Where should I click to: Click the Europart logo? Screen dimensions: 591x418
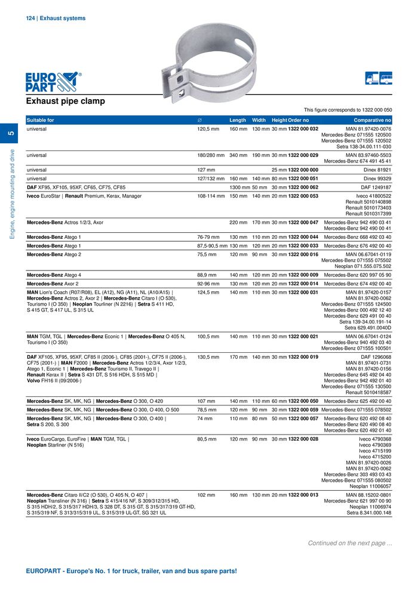click(52, 82)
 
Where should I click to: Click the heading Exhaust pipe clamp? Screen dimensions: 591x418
click(66, 101)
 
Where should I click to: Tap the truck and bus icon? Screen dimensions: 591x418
click(379, 79)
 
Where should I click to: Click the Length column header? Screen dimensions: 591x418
click(238, 120)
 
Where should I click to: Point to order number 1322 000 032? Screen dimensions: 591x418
click(303, 129)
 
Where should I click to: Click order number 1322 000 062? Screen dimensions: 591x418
click(303, 187)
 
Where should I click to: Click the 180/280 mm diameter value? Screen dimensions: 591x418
click(211, 155)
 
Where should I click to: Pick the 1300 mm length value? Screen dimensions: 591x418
click(239, 187)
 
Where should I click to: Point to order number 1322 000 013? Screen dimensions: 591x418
click(303, 495)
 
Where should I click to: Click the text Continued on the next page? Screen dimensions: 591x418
click(350, 543)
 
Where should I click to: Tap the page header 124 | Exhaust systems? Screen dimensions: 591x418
click(56, 19)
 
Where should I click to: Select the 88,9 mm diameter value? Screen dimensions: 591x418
click(207, 275)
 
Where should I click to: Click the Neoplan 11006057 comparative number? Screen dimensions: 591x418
click(370, 486)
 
